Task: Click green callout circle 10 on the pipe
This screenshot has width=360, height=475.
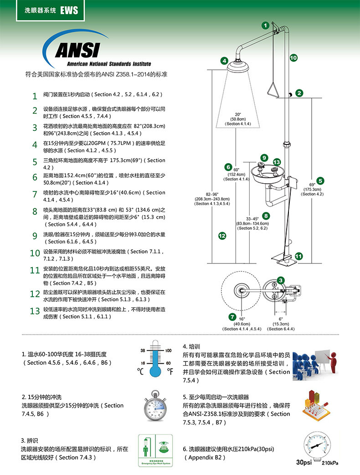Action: (293, 58)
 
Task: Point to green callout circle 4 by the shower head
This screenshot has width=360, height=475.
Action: (224, 61)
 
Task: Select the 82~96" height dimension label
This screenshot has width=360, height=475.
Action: (212, 199)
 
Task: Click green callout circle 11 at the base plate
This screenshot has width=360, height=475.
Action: (299, 256)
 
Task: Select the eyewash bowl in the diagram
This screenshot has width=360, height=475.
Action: (266, 174)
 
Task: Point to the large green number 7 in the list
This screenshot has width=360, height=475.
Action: (35, 194)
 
